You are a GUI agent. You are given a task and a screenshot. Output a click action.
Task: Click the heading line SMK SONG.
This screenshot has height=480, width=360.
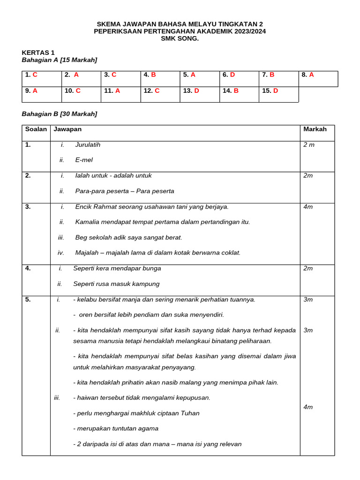(x=180, y=38)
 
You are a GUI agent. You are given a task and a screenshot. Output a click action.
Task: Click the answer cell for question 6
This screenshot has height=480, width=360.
(x=239, y=78)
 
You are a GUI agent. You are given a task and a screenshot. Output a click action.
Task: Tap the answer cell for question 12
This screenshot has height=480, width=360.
(x=160, y=94)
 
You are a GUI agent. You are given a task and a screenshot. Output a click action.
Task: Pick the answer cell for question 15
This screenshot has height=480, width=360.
(x=278, y=94)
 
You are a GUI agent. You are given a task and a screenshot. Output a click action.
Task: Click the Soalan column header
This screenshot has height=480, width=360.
(x=36, y=129)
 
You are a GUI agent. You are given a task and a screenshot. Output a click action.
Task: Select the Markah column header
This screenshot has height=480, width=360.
(x=315, y=129)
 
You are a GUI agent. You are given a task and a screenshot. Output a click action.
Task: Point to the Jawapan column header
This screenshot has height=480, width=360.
(x=67, y=129)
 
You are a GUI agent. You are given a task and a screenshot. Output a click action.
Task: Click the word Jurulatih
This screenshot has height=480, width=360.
(x=88, y=145)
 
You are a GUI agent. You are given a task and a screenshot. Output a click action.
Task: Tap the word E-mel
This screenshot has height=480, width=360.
(x=84, y=160)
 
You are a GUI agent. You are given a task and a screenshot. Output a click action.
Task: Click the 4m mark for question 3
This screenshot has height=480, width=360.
(x=308, y=207)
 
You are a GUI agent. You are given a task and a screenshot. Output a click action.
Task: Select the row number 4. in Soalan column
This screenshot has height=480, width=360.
(x=28, y=269)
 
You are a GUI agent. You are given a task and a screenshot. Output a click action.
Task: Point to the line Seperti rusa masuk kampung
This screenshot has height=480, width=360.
(x=116, y=284)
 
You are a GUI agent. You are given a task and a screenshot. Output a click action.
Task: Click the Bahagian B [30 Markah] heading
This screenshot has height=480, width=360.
(x=60, y=114)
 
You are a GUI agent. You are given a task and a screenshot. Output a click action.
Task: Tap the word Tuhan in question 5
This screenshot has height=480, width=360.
(x=190, y=413)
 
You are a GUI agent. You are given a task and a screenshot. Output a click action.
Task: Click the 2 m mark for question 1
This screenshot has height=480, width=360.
(x=309, y=145)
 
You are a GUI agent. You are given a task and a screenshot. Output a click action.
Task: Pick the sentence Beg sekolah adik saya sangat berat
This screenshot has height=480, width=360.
(x=128, y=238)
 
